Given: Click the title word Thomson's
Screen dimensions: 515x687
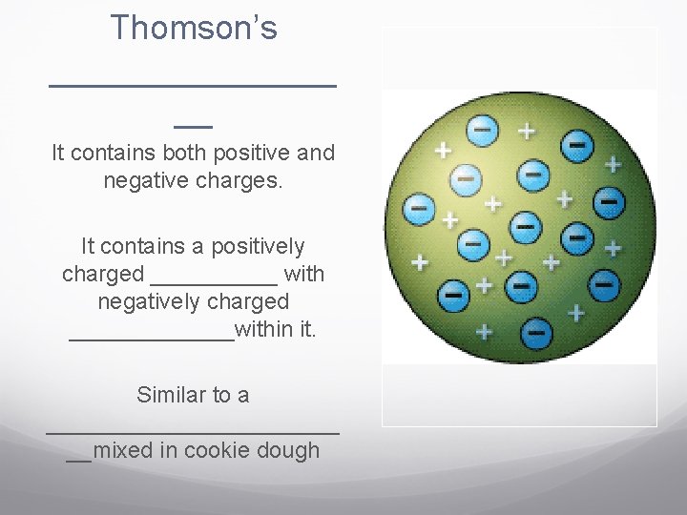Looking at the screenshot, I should [x=194, y=28].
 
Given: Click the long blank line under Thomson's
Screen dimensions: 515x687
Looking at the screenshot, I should [x=192, y=86].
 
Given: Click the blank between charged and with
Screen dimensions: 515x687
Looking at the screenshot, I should [x=214, y=279].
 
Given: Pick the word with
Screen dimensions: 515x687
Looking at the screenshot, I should [x=304, y=274].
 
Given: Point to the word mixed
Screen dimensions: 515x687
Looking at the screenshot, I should [x=124, y=450].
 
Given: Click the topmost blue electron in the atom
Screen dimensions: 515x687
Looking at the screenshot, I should [x=483, y=128].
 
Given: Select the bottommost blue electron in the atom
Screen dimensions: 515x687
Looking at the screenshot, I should [x=536, y=333].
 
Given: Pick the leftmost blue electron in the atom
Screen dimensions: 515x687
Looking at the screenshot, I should [x=418, y=206].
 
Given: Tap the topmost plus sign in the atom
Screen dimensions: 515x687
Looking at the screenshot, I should [x=525, y=128].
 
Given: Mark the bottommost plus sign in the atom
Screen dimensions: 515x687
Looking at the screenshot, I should [x=485, y=331].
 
